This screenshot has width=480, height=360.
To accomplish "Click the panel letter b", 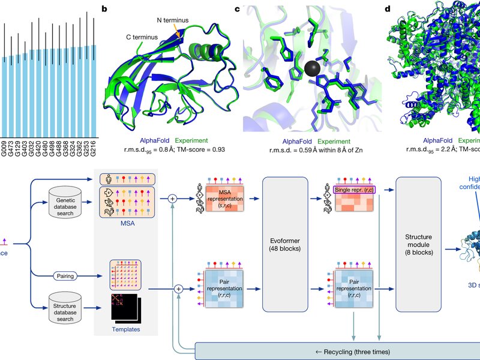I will click(x=105, y=9).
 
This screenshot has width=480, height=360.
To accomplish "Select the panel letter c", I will click(x=237, y=9).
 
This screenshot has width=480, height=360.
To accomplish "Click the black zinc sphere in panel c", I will click(x=311, y=68).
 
